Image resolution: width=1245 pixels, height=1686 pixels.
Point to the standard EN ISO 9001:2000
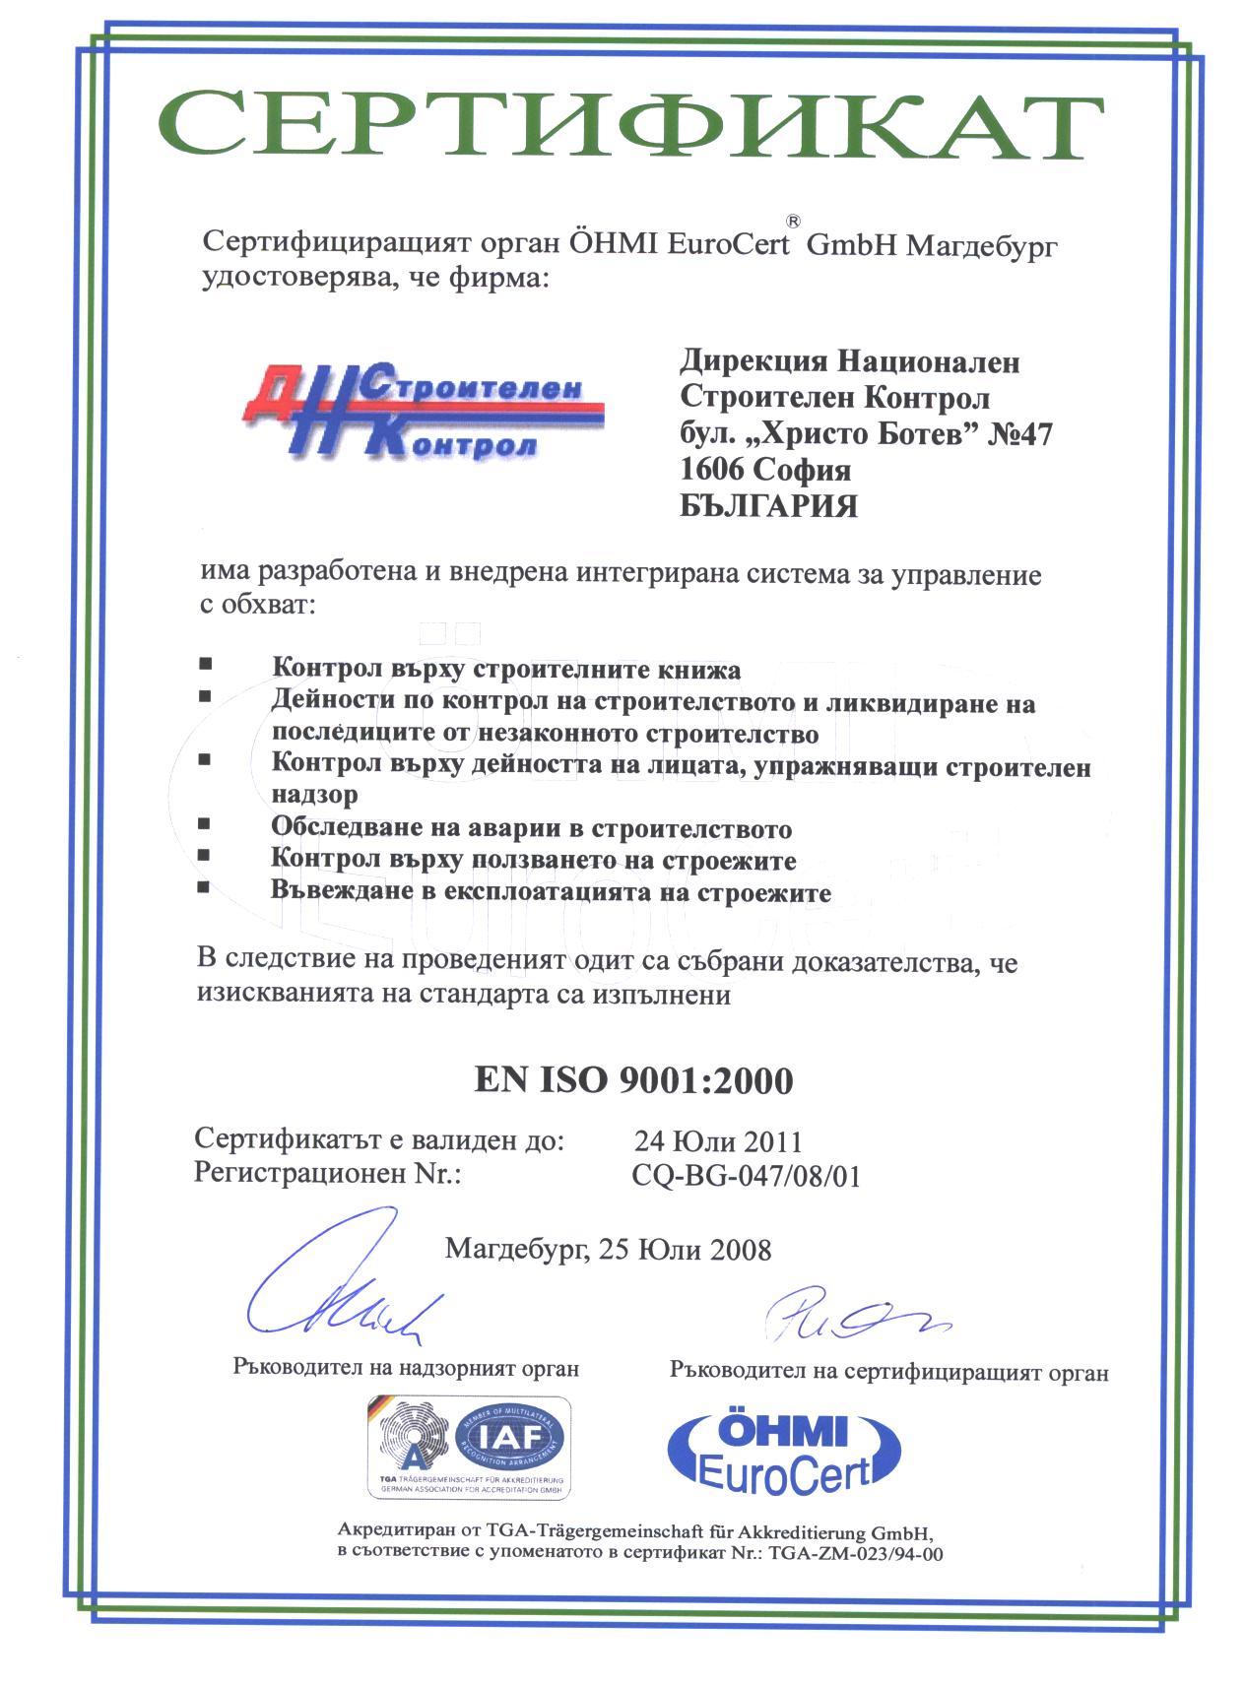(x=632, y=1080)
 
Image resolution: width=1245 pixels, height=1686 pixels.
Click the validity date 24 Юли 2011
(x=718, y=1141)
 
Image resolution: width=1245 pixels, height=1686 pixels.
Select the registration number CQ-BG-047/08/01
(x=745, y=1176)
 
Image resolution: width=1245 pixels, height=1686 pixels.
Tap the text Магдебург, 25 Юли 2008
(x=608, y=1249)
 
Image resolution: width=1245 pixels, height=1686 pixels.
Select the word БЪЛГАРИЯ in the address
(x=768, y=506)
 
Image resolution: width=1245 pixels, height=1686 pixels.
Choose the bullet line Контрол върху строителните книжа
(x=506, y=671)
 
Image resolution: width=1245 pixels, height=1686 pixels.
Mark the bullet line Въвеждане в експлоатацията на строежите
(x=551, y=893)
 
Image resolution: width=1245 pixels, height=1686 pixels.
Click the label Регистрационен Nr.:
(x=328, y=1174)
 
